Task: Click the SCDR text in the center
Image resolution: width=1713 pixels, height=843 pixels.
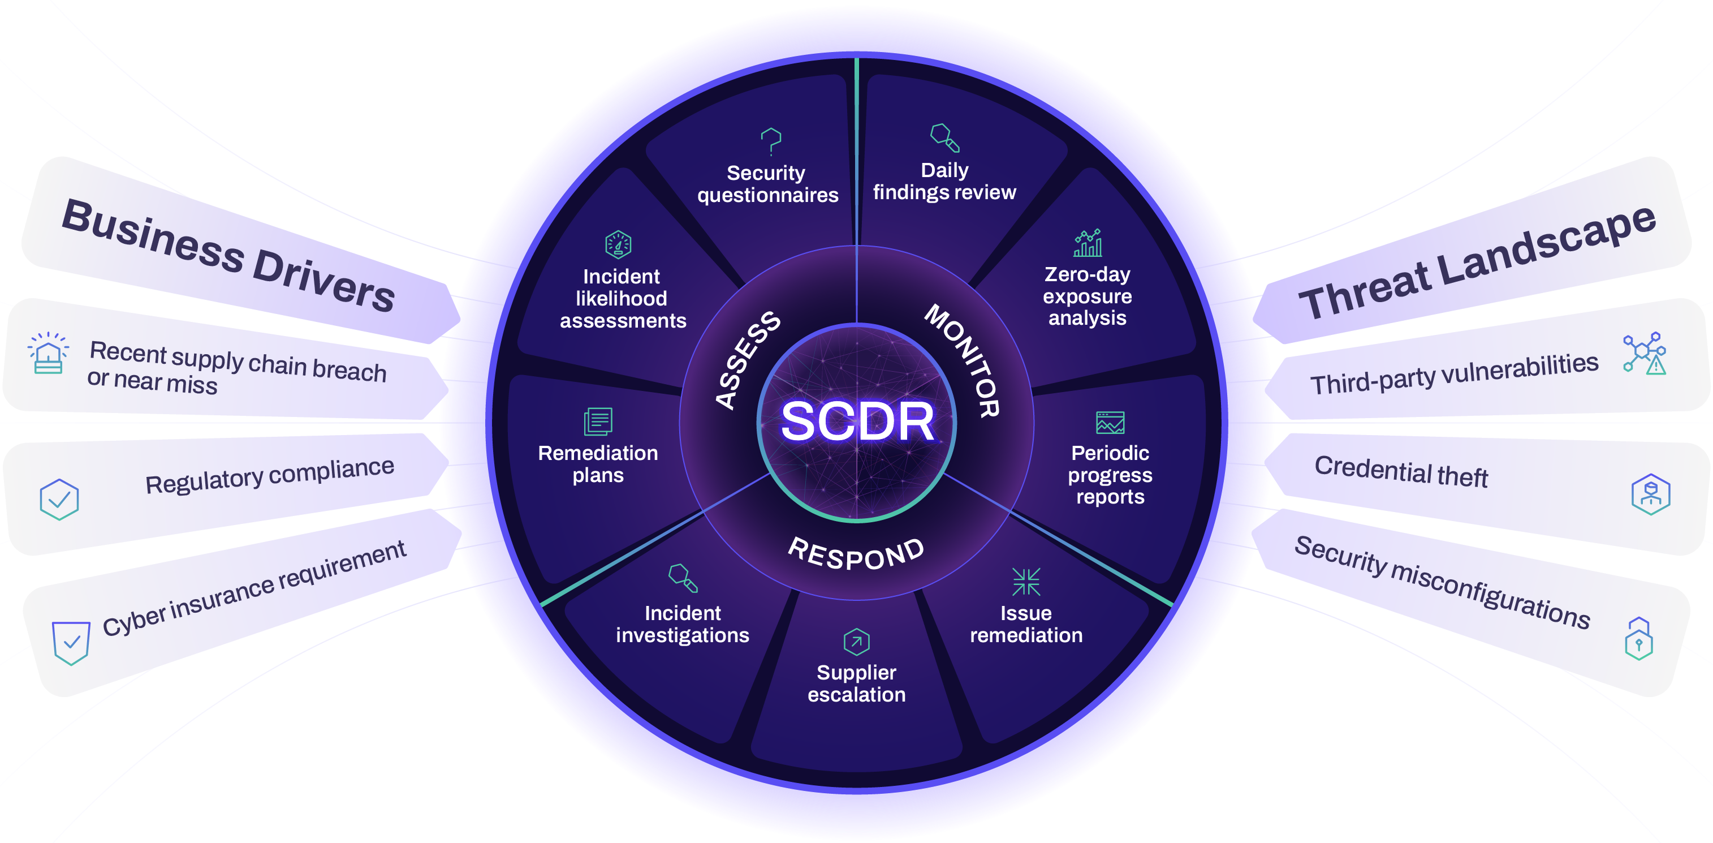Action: click(857, 422)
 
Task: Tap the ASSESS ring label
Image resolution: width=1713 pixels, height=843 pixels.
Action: click(748, 359)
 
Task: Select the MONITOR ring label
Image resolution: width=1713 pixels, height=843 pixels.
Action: click(963, 360)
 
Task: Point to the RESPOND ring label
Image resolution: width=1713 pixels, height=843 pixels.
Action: click(856, 553)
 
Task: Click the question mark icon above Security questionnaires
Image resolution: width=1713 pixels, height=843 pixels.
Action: click(771, 141)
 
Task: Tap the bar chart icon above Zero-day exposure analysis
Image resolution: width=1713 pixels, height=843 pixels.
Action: click(1088, 243)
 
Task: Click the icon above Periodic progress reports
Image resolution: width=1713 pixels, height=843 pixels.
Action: click(1110, 423)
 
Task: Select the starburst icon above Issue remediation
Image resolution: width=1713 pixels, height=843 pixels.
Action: click(1026, 582)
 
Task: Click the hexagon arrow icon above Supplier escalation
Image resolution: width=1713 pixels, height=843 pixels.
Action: click(856, 642)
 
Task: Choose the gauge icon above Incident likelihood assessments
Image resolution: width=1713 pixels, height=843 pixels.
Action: click(619, 245)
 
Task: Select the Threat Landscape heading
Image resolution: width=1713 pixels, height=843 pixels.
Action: click(1476, 262)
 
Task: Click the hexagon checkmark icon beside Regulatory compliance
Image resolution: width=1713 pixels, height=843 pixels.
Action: click(59, 500)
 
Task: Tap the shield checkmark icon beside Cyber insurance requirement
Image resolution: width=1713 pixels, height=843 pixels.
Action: click(71, 643)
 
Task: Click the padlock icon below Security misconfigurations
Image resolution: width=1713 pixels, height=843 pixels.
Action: click(1638, 639)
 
